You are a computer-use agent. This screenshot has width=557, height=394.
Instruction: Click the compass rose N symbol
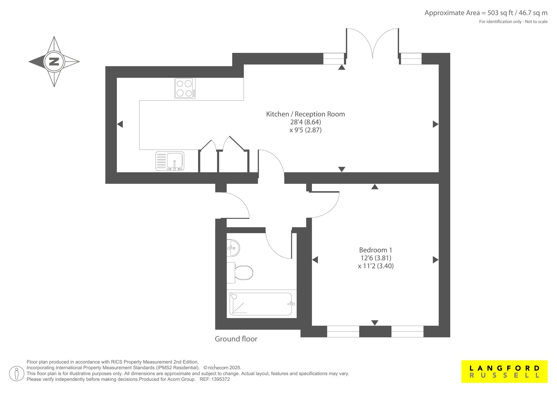[x=54, y=61]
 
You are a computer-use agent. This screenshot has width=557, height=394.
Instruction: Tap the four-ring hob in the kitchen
[x=185, y=88]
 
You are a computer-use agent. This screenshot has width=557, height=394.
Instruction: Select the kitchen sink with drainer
[x=170, y=161]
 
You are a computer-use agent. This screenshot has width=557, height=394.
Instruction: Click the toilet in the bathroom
[x=240, y=272]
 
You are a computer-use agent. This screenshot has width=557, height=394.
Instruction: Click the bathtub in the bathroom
[x=262, y=304]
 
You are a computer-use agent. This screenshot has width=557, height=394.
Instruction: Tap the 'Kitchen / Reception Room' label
[x=306, y=114]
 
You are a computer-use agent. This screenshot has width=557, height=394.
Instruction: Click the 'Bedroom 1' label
[x=375, y=250]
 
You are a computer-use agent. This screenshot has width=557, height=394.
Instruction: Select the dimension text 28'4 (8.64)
[x=306, y=122]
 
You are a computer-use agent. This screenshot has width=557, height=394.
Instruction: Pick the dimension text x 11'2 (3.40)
[x=376, y=266]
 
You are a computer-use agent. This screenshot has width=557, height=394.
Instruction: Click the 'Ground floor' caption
[x=236, y=339]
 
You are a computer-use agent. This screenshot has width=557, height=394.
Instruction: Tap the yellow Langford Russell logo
[x=504, y=372]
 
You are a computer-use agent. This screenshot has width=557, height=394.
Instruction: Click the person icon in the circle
[x=17, y=374]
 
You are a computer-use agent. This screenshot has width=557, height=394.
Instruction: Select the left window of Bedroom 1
[x=343, y=331]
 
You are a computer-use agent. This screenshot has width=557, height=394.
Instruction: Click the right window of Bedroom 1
[x=407, y=331]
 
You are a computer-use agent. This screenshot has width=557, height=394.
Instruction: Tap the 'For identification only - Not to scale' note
[x=513, y=21]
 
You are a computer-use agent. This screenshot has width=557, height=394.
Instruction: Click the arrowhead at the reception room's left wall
[x=120, y=124]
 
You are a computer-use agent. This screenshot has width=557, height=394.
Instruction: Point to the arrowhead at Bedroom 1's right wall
[x=436, y=260]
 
